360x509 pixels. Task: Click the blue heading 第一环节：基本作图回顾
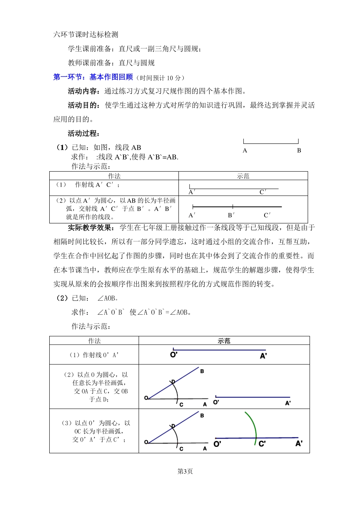(x=93, y=77)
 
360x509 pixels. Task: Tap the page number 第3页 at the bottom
(x=185, y=471)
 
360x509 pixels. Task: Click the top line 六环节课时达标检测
(x=86, y=34)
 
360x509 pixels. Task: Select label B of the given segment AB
(x=299, y=150)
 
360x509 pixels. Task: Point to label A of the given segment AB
(x=245, y=150)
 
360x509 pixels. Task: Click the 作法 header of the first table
(x=114, y=176)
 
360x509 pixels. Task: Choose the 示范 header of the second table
(x=224, y=341)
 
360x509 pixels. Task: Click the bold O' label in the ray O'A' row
(x=174, y=355)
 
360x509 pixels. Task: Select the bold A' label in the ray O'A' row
(x=264, y=356)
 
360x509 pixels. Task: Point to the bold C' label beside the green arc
(x=262, y=443)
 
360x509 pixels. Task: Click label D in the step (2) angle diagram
(x=173, y=381)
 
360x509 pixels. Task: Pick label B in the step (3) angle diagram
(x=202, y=415)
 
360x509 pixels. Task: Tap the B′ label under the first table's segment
(x=231, y=215)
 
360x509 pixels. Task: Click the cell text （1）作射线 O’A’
(x=94, y=355)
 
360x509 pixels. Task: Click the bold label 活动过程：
(x=84, y=133)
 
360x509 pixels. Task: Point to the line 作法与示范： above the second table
(x=91, y=326)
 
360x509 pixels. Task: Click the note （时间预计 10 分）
(x=161, y=78)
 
